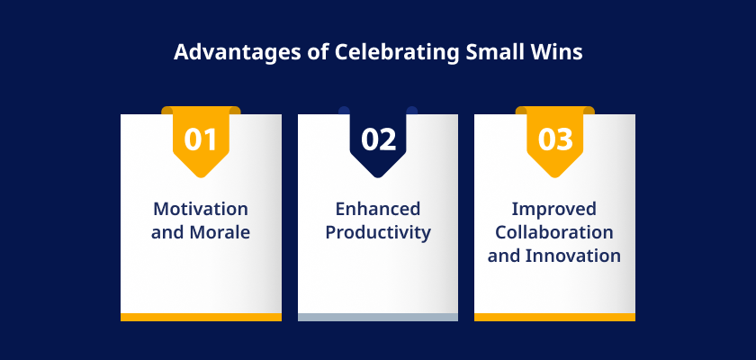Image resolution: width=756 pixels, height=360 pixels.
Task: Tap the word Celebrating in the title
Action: coord(396,52)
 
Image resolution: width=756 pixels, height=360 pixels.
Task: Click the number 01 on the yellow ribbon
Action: coord(201,139)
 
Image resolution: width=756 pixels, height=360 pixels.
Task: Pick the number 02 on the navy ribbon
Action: coord(379,139)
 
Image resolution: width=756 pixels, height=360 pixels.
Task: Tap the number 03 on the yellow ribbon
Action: coord(555,139)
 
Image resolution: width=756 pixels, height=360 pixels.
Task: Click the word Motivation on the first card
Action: coord(201,209)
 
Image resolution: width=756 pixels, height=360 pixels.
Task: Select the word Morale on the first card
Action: coord(220,232)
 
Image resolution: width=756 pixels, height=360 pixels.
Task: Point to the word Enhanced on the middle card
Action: coord(378,209)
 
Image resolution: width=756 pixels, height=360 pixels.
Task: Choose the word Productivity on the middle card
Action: coord(378,233)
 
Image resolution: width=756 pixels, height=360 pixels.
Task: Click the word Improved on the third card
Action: coord(554,210)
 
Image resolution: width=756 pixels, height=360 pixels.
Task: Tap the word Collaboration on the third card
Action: coord(554,232)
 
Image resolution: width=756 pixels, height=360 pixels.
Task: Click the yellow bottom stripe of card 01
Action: coord(201,317)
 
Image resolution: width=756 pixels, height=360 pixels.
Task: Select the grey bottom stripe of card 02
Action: coord(378,317)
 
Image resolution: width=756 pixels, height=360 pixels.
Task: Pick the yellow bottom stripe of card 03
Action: coord(554,317)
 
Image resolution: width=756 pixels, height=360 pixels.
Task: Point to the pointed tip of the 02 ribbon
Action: coord(378,177)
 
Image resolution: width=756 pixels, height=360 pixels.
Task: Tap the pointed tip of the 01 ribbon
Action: coord(201,177)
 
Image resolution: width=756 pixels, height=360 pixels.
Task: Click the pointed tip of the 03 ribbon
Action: coord(555,177)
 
